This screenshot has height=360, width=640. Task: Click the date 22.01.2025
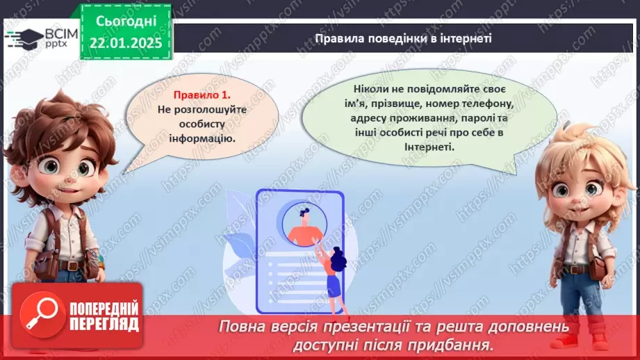126,42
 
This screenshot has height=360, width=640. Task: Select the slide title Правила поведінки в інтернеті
403,38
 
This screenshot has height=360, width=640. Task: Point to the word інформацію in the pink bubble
202,138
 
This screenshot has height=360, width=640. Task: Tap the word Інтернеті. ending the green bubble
429,147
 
